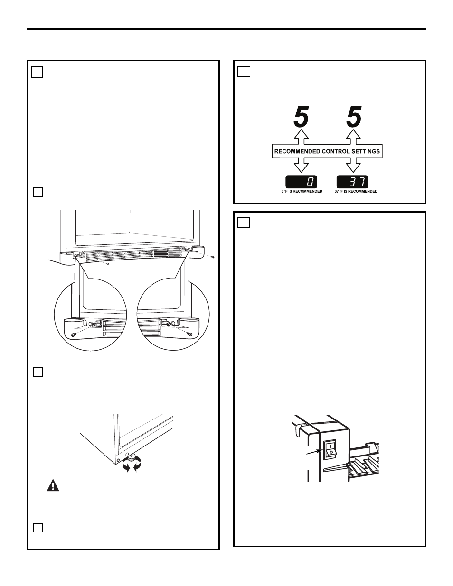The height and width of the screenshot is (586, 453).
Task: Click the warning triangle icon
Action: (x=53, y=485)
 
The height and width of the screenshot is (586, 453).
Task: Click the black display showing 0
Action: (x=302, y=181)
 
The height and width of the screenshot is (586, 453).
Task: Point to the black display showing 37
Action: (x=352, y=181)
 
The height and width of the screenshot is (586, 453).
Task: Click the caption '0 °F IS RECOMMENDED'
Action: (x=302, y=191)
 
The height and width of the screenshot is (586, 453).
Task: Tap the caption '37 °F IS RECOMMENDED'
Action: (x=356, y=191)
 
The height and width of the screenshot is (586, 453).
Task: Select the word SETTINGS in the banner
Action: (x=366, y=151)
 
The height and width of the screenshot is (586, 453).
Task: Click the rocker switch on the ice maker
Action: (x=330, y=449)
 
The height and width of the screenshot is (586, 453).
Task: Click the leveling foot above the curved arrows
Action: (x=132, y=456)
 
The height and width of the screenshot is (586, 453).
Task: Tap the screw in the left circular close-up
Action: (x=73, y=335)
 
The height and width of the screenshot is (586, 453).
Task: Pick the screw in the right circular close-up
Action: (x=190, y=335)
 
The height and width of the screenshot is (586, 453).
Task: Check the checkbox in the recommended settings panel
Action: (x=244, y=72)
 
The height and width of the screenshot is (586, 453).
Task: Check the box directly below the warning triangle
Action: (x=38, y=528)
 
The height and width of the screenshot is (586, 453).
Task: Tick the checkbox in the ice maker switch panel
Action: (x=244, y=223)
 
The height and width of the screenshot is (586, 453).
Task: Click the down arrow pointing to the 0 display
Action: (x=301, y=165)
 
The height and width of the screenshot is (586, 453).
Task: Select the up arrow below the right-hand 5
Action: (x=353, y=137)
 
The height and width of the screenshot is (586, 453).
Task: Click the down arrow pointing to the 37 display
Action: (x=353, y=165)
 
